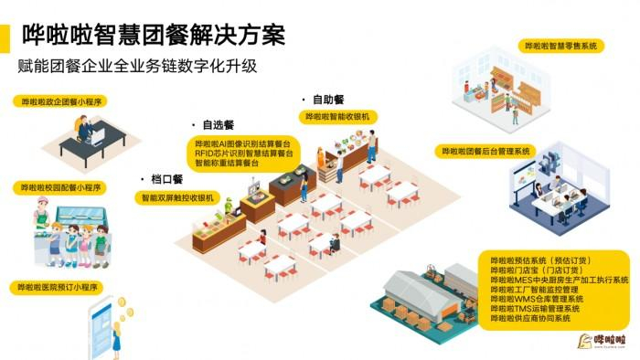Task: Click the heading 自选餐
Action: point(218,124)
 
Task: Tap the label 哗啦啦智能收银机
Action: point(336,117)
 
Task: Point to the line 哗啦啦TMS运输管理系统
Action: point(536,309)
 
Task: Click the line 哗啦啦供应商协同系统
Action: point(529,319)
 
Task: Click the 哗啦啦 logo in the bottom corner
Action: point(604,341)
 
